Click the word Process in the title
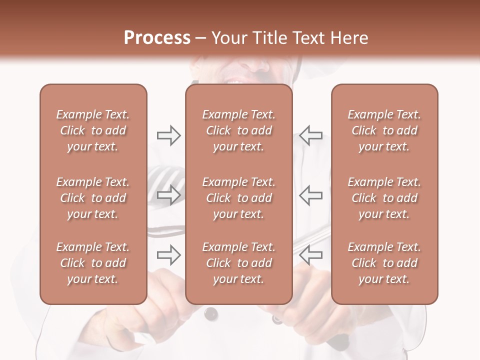[x=157, y=38]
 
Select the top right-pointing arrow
[x=168, y=135]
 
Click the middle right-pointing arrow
[x=168, y=195]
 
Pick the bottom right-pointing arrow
[x=168, y=255]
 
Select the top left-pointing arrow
[x=310, y=135]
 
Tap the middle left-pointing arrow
[x=310, y=195]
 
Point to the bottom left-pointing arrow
[x=310, y=255]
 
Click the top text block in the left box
[x=93, y=130]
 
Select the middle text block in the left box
[x=93, y=198]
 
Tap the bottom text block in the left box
[x=93, y=263]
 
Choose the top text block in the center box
[x=239, y=130]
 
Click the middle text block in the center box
[x=239, y=198]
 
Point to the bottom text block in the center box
[x=239, y=263]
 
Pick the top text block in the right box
[x=384, y=130]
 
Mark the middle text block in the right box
[x=384, y=198]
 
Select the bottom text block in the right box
[x=384, y=263]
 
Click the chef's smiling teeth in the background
[x=235, y=79]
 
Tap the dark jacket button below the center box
[x=211, y=313]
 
